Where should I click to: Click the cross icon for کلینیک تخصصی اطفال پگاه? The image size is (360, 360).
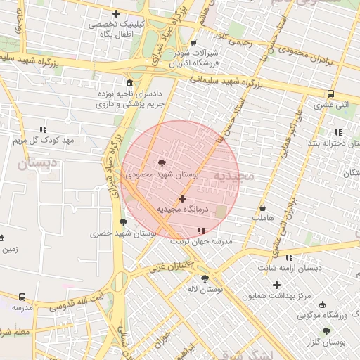coord(116,13)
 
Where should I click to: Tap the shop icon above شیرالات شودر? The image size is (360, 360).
coord(193,43)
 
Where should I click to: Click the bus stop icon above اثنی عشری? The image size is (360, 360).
coord(330,94)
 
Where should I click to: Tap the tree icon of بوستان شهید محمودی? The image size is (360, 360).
coord(164,162)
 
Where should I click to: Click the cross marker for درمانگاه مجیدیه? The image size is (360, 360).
coord(183,199)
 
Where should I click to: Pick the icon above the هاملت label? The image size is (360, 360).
coord(263,208)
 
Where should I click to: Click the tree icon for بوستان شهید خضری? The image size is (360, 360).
coord(123,222)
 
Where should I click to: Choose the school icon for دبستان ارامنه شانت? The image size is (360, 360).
coord(289,257)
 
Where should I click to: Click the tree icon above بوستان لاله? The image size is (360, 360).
coord(205,278)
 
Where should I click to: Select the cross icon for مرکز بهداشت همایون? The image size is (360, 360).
coord(276,285)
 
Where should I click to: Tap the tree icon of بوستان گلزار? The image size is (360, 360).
coord(326,330)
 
